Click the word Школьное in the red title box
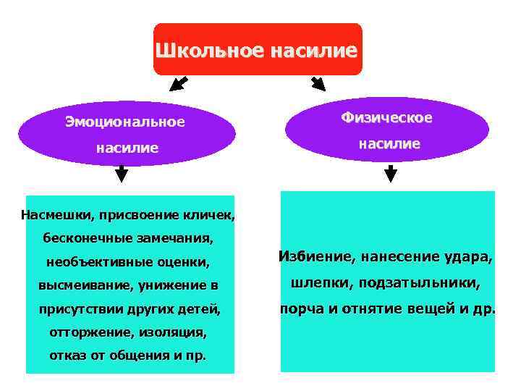pyautogui.click(x=210, y=51)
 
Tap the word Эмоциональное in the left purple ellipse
pyautogui.click(x=125, y=122)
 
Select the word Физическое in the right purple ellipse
pyautogui.click(x=387, y=117)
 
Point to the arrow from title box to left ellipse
pyautogui.click(x=178, y=83)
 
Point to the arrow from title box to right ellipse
pyautogui.click(x=318, y=83)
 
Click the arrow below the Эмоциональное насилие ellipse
pyautogui.click(x=122, y=173)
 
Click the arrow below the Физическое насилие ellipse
pyautogui.click(x=391, y=173)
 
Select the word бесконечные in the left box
pyautogui.click(x=79, y=237)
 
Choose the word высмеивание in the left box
pyautogui.click(x=80, y=285)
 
